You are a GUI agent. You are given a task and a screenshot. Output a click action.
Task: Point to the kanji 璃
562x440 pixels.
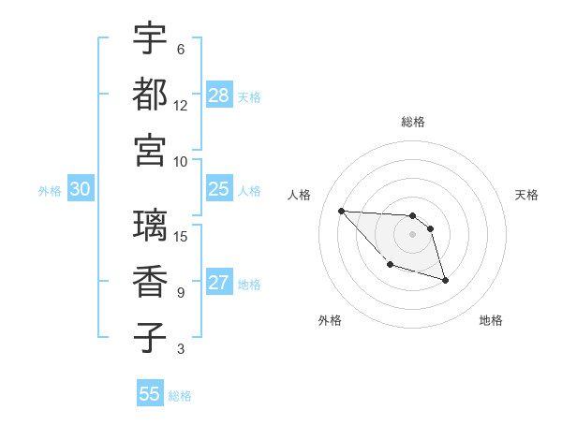pyautogui.click(x=150, y=226)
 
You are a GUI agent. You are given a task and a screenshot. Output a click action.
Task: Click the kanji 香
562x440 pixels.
pyautogui.click(x=150, y=281)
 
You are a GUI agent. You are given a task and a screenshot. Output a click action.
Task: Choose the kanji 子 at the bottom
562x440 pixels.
pyautogui.click(x=150, y=337)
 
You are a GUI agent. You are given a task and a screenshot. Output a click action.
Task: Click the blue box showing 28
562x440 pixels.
pyautogui.click(x=219, y=95)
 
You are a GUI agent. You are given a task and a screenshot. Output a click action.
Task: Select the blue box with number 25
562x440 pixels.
pyautogui.click(x=219, y=190)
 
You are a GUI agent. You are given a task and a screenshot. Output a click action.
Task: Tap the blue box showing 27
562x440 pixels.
pyautogui.click(x=219, y=284)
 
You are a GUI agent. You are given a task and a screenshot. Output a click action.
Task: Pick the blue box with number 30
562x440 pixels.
pyautogui.click(x=81, y=190)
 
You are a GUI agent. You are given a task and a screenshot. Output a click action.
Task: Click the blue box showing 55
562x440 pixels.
pyautogui.click(x=150, y=394)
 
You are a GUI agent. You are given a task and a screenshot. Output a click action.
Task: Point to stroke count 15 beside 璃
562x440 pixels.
pyautogui.click(x=182, y=236)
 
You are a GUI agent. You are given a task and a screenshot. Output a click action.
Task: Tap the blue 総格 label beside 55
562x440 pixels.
pyautogui.click(x=180, y=396)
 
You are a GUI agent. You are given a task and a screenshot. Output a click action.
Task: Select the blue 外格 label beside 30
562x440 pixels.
pyautogui.click(x=50, y=191)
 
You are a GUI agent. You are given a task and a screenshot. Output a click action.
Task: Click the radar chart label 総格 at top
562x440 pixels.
pyautogui.click(x=412, y=122)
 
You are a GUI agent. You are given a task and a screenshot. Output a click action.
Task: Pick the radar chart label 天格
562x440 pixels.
pyautogui.click(x=526, y=195)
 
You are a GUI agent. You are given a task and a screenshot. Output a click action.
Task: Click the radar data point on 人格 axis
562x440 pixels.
pyautogui.click(x=341, y=211)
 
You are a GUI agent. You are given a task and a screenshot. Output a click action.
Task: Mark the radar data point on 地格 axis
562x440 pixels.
pyautogui.click(x=445, y=280)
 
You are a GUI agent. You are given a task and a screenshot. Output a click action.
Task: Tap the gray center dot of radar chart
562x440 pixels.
pyautogui.click(x=412, y=234)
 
